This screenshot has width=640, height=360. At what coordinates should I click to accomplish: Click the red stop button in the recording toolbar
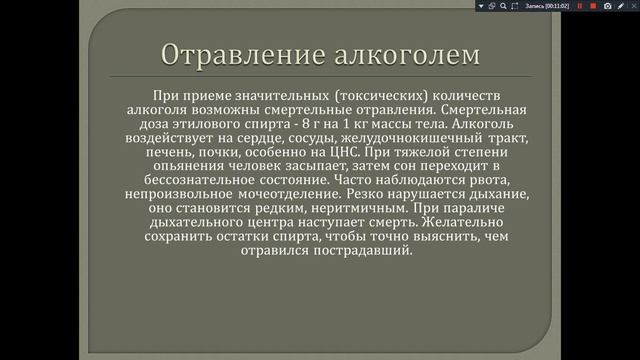(x=591, y=6)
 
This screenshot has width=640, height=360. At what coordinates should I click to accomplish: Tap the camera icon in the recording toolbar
(x=607, y=6)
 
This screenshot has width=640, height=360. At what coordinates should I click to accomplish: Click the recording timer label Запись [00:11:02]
(x=549, y=6)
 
